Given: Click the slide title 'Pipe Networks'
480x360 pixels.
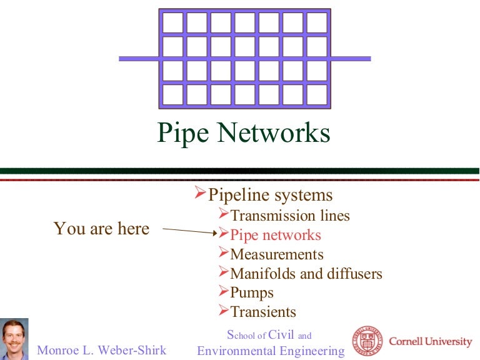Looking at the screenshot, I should pos(243,134).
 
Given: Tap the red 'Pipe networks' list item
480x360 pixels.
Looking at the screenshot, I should pos(275,235).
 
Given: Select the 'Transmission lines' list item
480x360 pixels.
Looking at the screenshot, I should pos(290,216).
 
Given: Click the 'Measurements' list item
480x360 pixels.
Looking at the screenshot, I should pos(276,254).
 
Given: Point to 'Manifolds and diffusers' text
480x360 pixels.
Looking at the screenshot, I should pos(306,274).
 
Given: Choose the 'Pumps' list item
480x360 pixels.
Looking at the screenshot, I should pos(252,292).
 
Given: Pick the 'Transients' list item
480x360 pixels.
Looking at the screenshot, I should pos(263,311).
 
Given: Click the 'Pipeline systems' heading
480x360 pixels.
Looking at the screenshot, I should pos(270,194).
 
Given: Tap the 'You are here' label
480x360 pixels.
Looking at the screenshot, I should pos(101,229).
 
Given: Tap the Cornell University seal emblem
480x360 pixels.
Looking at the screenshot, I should pos(367,341).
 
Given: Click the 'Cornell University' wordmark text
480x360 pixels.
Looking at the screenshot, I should pos(431,341).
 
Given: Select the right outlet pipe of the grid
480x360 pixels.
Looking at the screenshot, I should pos(351,59).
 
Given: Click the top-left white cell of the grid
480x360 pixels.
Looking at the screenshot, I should pos(173,22).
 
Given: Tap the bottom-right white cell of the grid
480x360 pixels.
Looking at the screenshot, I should pos(317,94).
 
